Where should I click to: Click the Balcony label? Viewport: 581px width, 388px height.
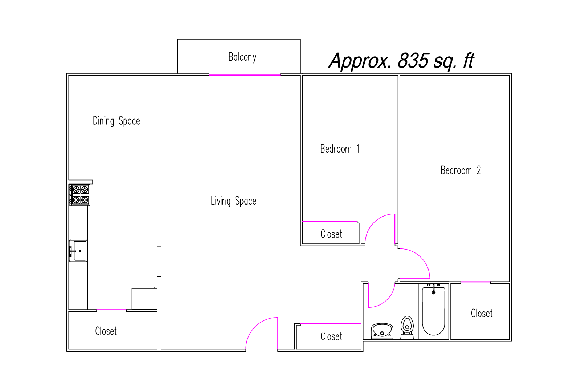point(242,57)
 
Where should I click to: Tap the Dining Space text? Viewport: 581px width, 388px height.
point(116,121)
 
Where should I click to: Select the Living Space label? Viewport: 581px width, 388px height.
point(233,201)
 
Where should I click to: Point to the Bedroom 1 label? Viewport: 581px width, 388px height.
point(340,149)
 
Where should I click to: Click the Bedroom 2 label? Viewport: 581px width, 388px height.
point(461,170)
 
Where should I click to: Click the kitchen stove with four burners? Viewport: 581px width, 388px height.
point(79,195)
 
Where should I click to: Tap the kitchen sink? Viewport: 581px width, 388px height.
point(78,251)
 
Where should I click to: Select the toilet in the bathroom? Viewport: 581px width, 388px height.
point(407,327)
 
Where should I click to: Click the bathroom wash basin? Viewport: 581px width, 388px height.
point(382,331)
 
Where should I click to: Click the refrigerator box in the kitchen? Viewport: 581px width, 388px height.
point(144,298)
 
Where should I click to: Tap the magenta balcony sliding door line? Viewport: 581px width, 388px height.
point(245,75)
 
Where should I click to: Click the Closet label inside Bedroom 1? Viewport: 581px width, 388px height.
point(331,234)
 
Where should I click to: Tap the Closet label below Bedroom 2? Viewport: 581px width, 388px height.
point(482,314)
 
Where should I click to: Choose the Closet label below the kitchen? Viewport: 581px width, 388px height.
point(106,331)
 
